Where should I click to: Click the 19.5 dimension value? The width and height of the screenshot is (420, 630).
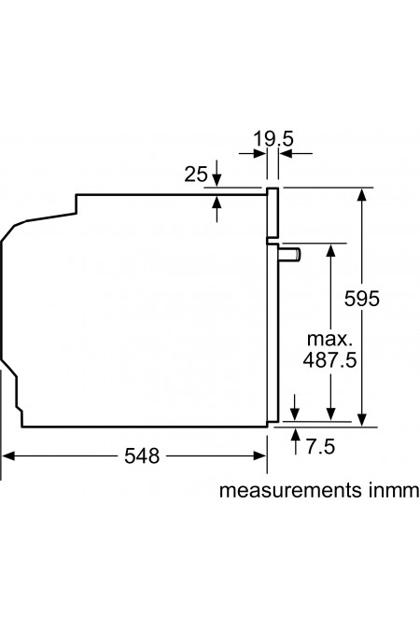(273, 139)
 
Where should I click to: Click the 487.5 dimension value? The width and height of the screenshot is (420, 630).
(330, 360)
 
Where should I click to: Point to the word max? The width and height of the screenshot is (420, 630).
(330, 338)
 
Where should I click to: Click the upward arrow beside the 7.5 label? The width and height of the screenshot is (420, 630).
(297, 437)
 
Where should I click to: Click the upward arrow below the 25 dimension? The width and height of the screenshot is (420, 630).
(217, 201)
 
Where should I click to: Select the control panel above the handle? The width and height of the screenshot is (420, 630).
(273, 212)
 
